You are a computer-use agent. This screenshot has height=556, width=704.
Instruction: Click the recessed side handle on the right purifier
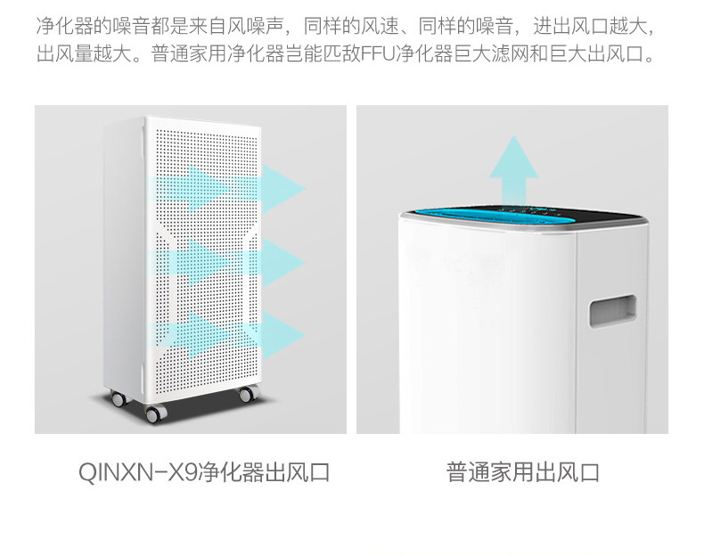click(613, 312)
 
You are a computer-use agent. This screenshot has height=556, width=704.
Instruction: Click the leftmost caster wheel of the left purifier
click(116, 399)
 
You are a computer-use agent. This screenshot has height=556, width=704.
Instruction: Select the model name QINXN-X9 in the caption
click(136, 472)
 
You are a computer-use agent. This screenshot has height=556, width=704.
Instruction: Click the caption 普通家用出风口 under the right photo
click(523, 472)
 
